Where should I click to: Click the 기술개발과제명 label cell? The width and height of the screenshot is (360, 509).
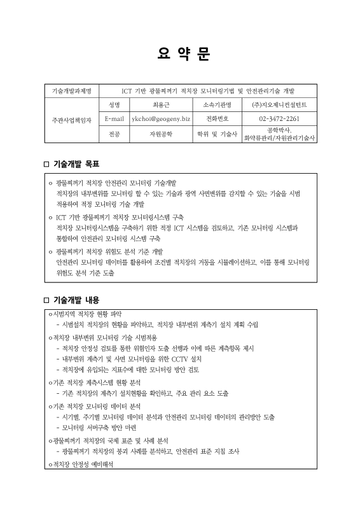coord(72,90)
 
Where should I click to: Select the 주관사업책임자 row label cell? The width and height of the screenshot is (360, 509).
coord(72,119)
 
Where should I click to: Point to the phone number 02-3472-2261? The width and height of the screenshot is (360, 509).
coord(279,119)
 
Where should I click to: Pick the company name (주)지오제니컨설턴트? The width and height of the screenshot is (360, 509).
coord(279,104)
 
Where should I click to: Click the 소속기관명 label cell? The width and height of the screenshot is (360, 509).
coord(217,104)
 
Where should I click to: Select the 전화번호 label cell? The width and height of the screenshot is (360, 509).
coord(217,119)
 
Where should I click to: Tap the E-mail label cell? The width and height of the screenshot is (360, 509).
coord(114,119)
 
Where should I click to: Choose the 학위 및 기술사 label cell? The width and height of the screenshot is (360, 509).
coord(217,134)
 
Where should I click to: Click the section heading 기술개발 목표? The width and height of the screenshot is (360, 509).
coord(76,164)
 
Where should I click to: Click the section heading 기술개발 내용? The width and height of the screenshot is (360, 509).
coord(76,300)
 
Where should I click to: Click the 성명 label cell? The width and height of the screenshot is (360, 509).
coord(114,104)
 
